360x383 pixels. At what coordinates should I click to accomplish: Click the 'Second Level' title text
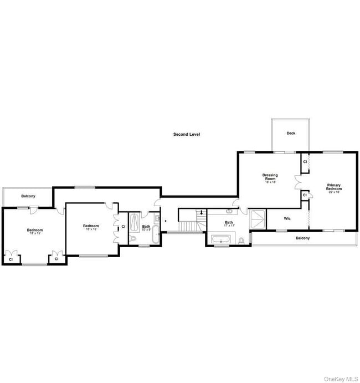pyautogui.click(x=186, y=134)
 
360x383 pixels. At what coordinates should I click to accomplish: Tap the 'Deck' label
pyautogui.click(x=291, y=133)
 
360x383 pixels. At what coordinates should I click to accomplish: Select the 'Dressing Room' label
pyautogui.click(x=270, y=177)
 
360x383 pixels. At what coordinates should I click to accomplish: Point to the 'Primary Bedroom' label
pyautogui.click(x=333, y=187)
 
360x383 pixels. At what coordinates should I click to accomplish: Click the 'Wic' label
pyautogui.click(x=287, y=218)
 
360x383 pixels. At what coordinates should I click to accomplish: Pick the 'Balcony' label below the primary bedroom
pyautogui.click(x=302, y=238)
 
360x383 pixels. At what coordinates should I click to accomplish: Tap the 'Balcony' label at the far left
pyautogui.click(x=28, y=196)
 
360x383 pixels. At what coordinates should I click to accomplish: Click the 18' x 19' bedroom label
pyautogui.click(x=35, y=231)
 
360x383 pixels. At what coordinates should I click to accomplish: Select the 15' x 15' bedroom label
pyautogui.click(x=91, y=227)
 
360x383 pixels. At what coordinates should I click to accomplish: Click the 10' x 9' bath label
pyautogui.click(x=146, y=227)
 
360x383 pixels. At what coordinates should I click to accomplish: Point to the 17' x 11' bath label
pyautogui.click(x=229, y=224)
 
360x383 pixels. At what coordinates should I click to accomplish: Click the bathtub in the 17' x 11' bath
pyautogui.click(x=222, y=240)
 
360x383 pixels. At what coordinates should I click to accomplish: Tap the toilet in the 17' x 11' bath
pyautogui.click(x=242, y=240)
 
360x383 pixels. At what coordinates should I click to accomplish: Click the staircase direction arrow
pyautogui.click(x=201, y=212)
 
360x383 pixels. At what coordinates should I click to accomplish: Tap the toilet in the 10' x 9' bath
pyautogui.click(x=133, y=238)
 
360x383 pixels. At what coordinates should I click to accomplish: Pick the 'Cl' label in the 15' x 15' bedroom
pyautogui.click(x=123, y=227)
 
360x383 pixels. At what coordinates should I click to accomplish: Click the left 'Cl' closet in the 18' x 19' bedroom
pyautogui.click(x=11, y=259)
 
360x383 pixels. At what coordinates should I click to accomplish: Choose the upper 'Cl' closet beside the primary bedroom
pyautogui.click(x=305, y=162)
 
